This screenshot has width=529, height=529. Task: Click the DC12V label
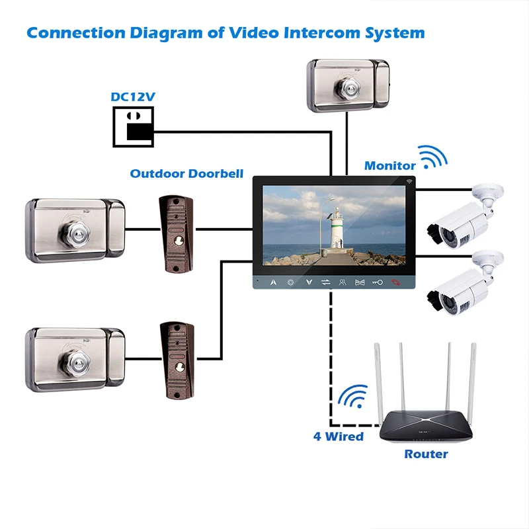click(133, 97)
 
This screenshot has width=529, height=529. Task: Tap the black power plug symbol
click(134, 127)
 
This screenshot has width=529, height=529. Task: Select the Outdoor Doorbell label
click(186, 173)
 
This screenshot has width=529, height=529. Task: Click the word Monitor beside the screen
click(389, 166)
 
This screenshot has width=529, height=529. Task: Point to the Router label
click(426, 454)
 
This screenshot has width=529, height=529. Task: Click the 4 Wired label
click(339, 436)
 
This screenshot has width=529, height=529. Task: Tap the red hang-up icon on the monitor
click(395, 282)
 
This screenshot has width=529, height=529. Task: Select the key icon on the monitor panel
click(377, 282)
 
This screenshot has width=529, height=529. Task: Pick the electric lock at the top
click(348, 86)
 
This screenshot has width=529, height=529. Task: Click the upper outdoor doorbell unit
click(176, 234)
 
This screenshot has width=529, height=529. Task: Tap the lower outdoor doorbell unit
click(177, 360)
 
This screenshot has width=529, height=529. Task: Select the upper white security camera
click(466, 217)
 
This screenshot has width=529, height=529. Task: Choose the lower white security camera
click(466, 284)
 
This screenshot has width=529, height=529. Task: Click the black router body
click(426, 425)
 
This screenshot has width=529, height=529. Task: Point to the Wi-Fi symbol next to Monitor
click(433, 157)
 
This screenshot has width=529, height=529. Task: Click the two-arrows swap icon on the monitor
click(325, 282)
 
